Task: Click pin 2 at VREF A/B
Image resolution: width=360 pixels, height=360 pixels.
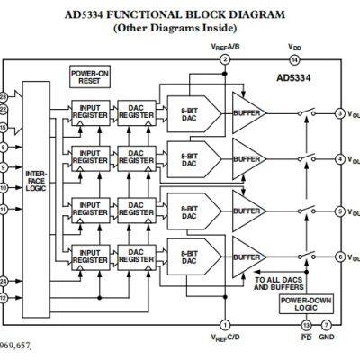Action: [224, 59]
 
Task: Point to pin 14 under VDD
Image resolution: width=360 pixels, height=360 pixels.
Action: [295, 59]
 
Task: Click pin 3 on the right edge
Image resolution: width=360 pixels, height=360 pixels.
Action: [339, 113]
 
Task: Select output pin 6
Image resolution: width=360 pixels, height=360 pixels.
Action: [339, 257]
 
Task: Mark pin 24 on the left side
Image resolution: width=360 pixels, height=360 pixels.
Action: [4, 280]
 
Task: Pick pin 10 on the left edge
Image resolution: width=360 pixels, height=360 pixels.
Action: [4, 188]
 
